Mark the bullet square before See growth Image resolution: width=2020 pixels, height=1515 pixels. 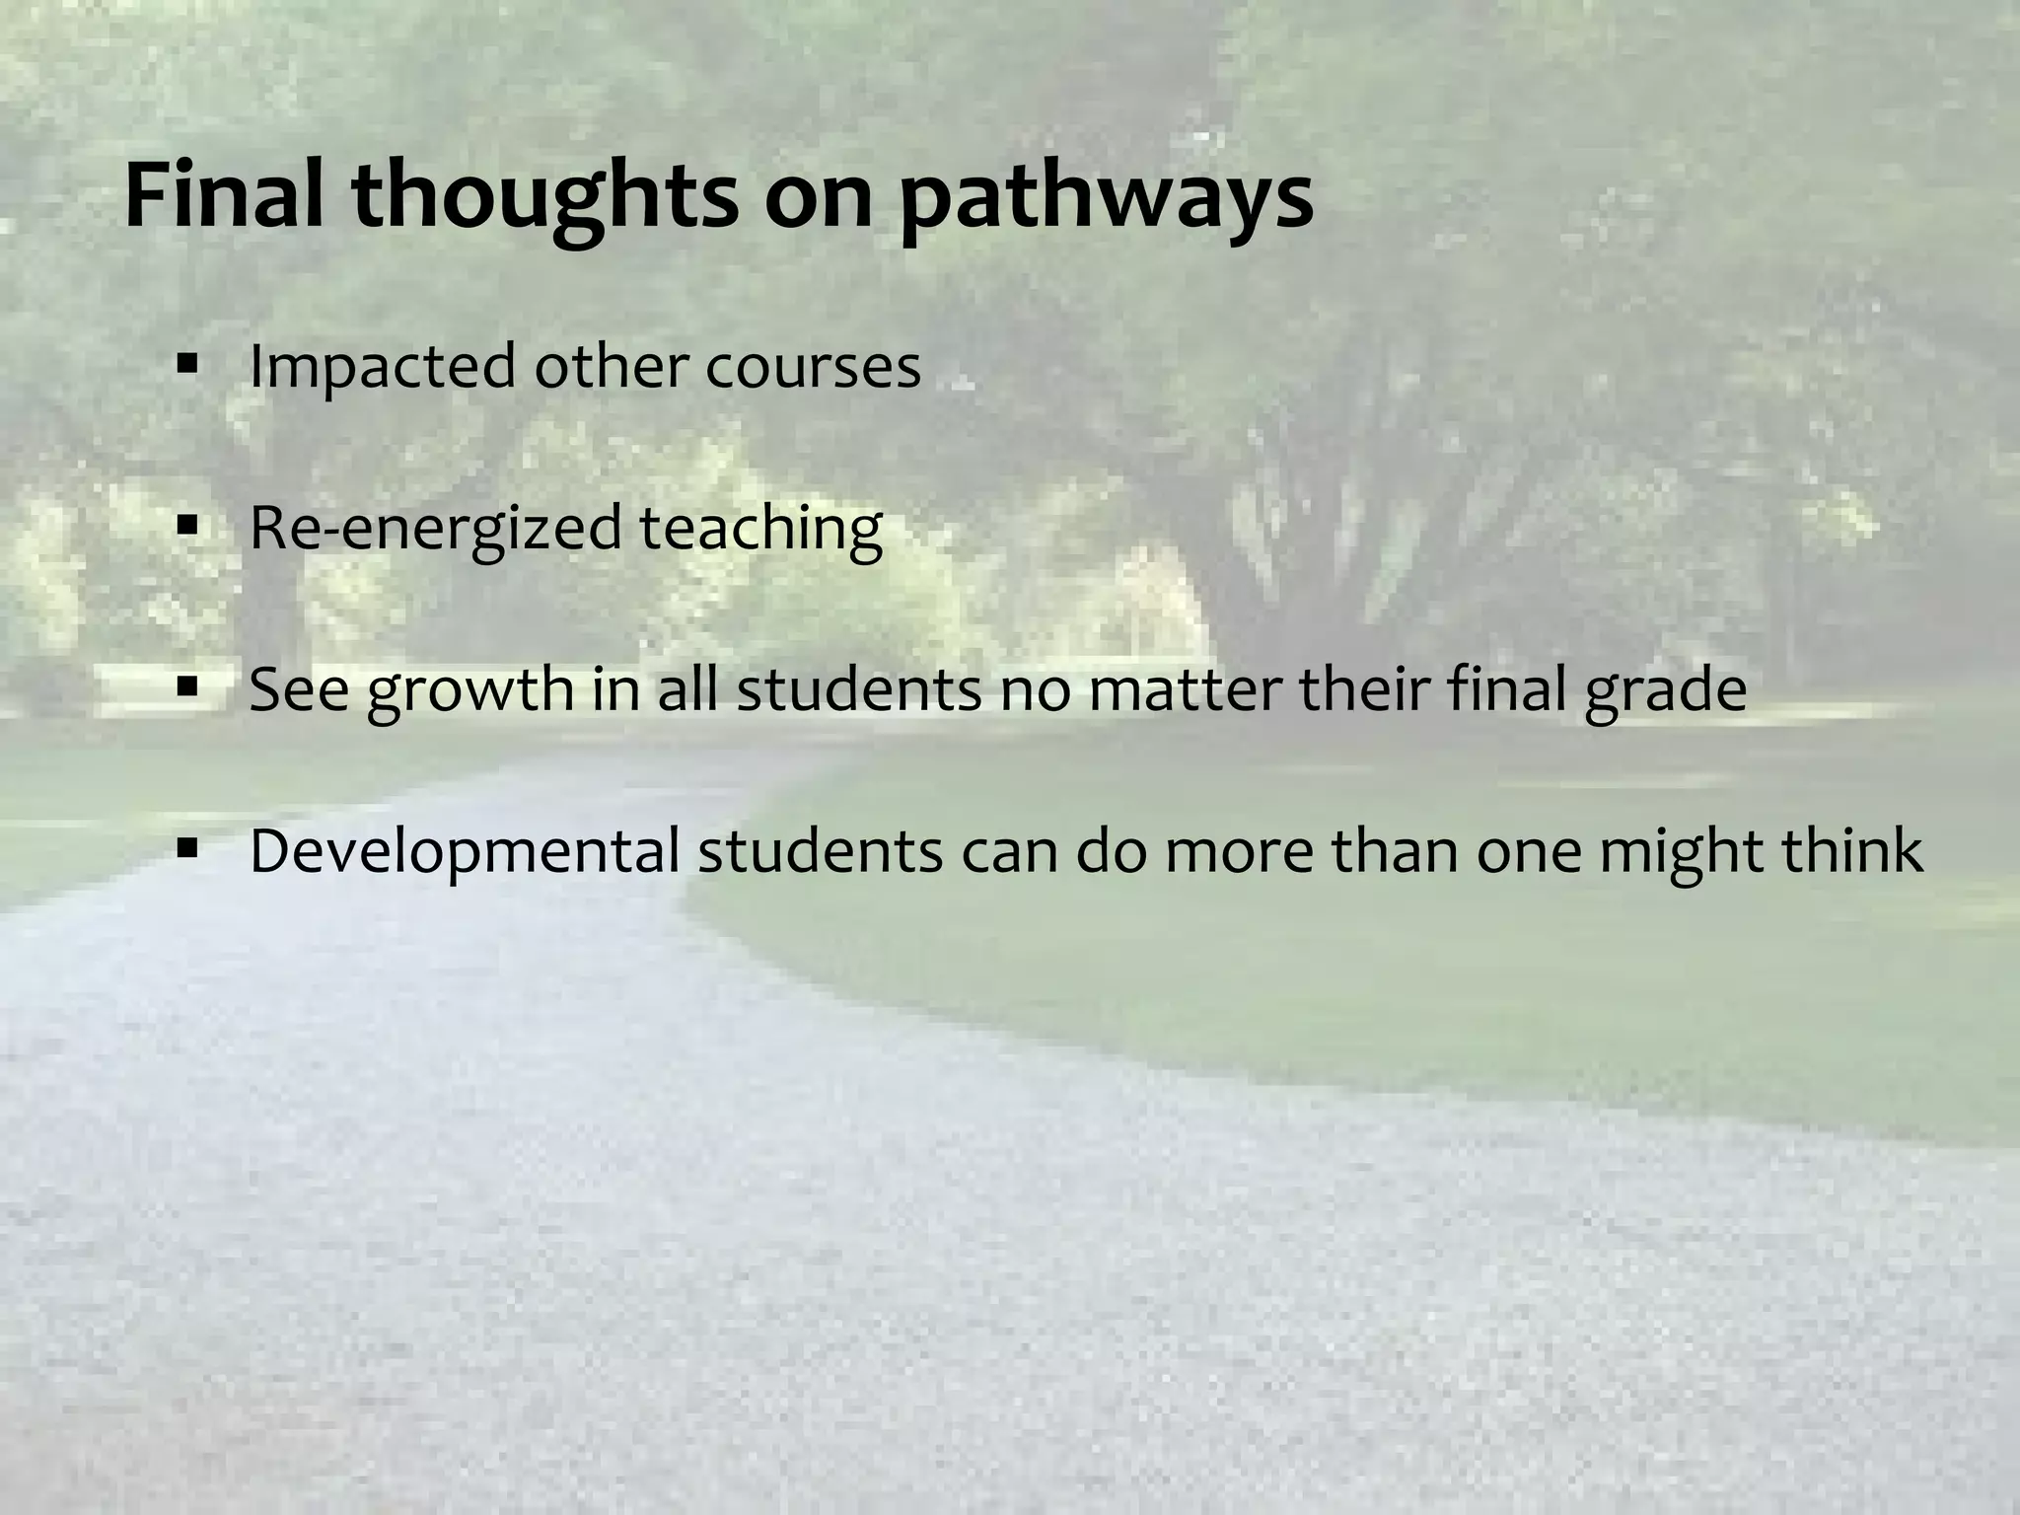(186, 687)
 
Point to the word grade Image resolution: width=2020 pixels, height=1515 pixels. (1666, 690)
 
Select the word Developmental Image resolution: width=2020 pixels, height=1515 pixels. (465, 851)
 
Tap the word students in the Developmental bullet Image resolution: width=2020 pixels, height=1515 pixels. (821, 850)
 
